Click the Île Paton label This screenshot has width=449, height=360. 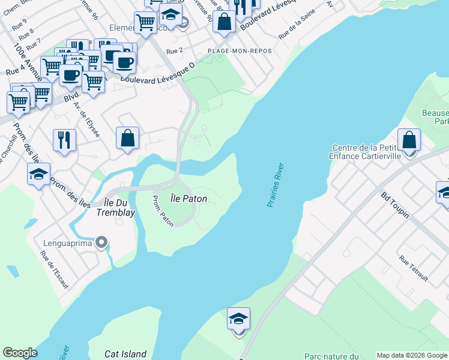(x=185, y=197)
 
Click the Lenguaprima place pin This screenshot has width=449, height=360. (x=102, y=243)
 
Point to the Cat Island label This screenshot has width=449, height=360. (x=125, y=354)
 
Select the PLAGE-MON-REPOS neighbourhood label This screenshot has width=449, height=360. (x=240, y=51)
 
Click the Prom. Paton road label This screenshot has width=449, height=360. (x=163, y=211)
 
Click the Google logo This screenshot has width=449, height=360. (x=20, y=353)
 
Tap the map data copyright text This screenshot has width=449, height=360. (x=412, y=355)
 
